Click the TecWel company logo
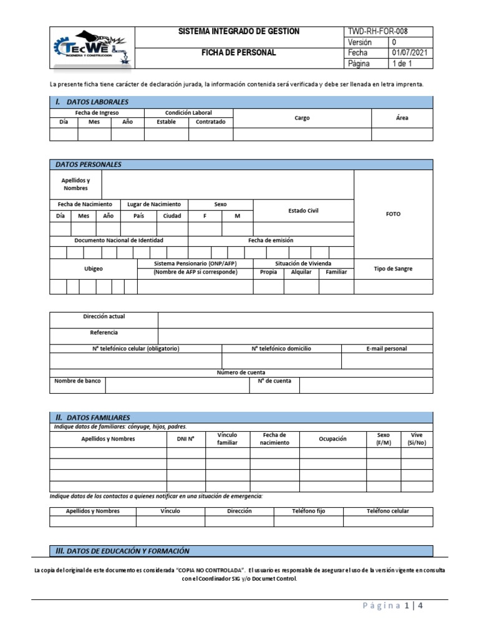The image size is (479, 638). pyautogui.click(x=92, y=48)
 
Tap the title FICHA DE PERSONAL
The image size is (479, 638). pyautogui.click(x=239, y=53)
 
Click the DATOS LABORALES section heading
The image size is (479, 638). pyautogui.click(x=92, y=102)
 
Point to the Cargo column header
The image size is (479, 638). pyautogui.click(x=302, y=118)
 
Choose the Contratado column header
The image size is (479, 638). pyautogui.click(x=211, y=122)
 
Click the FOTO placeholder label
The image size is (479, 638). pyautogui.click(x=393, y=214)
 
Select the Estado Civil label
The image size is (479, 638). pyautogui.click(x=303, y=211)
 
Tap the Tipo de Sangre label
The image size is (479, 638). pyautogui.click(x=393, y=269)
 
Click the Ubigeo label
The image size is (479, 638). pyautogui.click(x=94, y=269)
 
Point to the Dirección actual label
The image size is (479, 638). pyautogui.click(x=104, y=317)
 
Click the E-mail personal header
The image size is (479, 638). pyautogui.click(x=387, y=349)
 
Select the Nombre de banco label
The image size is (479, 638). pyautogui.click(x=77, y=381)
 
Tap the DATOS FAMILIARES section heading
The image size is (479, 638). pyautogui.click(x=93, y=417)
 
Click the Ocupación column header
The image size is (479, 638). pyautogui.click(x=332, y=439)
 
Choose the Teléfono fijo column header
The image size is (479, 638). pyautogui.click(x=309, y=511)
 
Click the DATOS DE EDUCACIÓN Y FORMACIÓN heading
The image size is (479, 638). pyautogui.click(x=123, y=551)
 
